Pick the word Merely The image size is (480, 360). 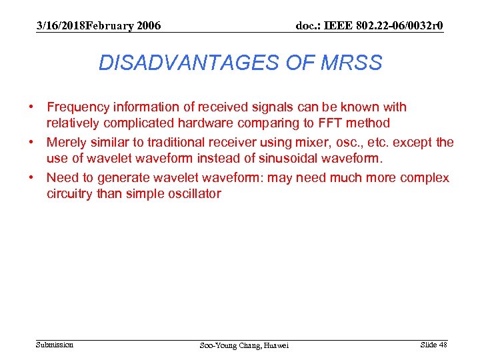coord(65,143)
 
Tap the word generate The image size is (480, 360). coord(122,178)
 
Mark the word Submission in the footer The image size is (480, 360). coord(55,345)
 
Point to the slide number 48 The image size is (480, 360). coord(443,345)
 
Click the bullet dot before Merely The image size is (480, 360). coord(31,143)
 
